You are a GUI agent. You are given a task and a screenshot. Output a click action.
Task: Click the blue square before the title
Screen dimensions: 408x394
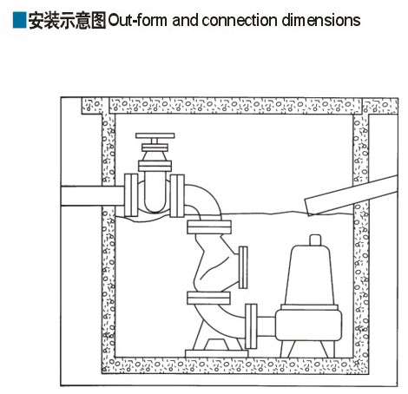click(x=20, y=20)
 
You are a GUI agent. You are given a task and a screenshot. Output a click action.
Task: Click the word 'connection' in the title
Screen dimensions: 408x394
click(x=240, y=21)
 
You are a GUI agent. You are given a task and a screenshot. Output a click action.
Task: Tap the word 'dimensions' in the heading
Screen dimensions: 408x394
click(x=321, y=21)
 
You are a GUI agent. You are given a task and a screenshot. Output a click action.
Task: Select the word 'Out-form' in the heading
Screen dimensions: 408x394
click(x=138, y=21)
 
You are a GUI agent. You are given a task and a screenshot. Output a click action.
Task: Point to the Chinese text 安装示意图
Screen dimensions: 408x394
click(x=67, y=21)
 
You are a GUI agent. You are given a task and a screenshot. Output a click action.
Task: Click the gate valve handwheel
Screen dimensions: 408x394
click(x=155, y=135)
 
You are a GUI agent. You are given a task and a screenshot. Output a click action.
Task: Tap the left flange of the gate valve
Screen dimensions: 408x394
click(x=131, y=195)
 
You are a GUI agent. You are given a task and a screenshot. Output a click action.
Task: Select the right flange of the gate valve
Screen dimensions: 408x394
click(x=177, y=195)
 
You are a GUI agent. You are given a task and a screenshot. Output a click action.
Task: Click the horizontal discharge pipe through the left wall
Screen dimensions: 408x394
click(x=93, y=196)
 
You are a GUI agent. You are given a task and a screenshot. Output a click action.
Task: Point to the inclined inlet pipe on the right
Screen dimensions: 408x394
click(x=352, y=195)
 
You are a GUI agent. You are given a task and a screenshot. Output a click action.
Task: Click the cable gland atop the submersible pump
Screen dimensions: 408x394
click(x=315, y=240)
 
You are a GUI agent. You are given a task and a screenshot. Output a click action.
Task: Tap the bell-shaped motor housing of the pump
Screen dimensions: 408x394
click(x=310, y=275)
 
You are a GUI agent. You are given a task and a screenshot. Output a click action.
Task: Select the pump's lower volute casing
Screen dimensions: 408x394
click(x=308, y=325)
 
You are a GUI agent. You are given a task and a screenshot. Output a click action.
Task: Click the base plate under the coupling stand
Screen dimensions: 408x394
click(x=217, y=353)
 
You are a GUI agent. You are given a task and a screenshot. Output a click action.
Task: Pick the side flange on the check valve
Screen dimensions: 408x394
click(x=243, y=267)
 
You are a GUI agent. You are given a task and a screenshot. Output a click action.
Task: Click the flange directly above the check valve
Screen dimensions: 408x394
click(x=209, y=227)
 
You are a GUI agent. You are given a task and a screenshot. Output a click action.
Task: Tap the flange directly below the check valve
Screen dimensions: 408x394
click(x=208, y=298)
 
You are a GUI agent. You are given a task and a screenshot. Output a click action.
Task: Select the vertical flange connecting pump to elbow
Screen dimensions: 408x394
click(x=251, y=326)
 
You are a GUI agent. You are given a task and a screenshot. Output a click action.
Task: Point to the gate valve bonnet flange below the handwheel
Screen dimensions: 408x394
click(x=155, y=166)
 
